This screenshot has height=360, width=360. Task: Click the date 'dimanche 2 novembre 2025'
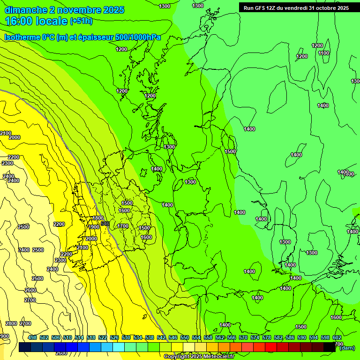[x=64, y=10]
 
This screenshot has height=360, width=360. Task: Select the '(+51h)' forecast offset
[x=81, y=21]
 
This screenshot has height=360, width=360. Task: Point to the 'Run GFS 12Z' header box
[x=296, y=7]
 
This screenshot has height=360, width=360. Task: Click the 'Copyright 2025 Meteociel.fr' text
[x=199, y=356]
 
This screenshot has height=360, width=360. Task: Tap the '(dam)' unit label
[x=347, y=348]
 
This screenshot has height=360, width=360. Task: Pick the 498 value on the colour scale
[x=32, y=337]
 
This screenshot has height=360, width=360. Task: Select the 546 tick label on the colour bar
[x=173, y=337]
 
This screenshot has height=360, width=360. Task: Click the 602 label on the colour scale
[x=337, y=337]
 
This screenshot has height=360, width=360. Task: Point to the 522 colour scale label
[x=103, y=337]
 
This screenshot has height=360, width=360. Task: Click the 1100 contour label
[x=323, y=53]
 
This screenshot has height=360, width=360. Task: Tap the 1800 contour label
[x=97, y=218]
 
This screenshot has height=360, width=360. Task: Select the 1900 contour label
[x=94, y=227]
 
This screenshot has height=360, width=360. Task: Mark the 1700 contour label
[x=123, y=226]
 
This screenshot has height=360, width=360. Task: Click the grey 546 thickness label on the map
[x=105, y=224]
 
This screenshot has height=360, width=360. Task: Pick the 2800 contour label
[x=11, y=323]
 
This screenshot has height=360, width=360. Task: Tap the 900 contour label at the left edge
[x=4, y=336]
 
